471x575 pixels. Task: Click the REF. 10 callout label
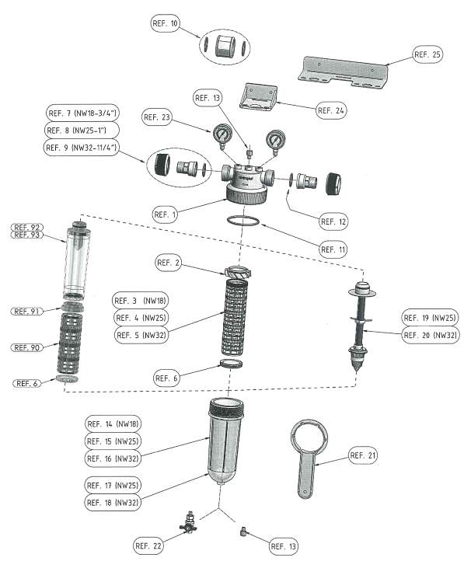click(166, 24)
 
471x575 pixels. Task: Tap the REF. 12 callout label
click(333, 221)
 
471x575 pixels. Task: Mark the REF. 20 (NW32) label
click(429, 336)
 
